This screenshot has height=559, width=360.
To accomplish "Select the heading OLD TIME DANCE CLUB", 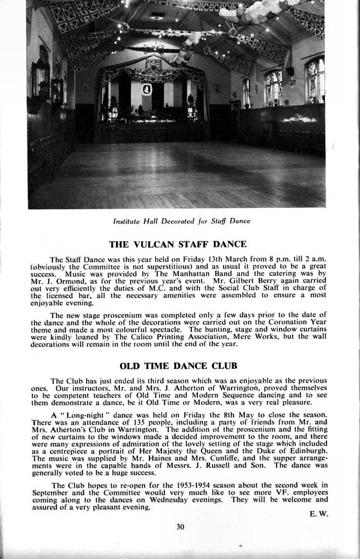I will [178, 366].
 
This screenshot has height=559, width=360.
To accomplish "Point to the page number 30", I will [181, 527].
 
